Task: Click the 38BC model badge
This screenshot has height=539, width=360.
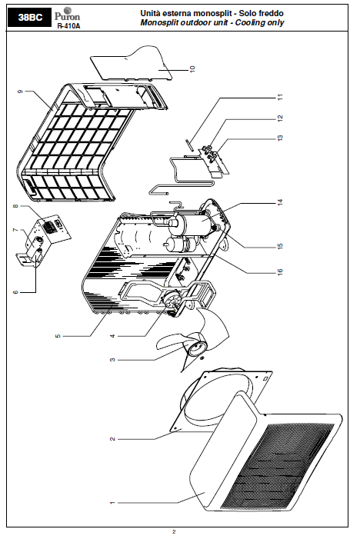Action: pyautogui.click(x=29, y=18)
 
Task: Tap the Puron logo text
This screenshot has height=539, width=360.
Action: pyautogui.click(x=67, y=16)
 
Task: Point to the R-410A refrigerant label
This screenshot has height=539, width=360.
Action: pyautogui.click(x=68, y=26)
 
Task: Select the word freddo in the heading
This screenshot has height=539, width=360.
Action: pyautogui.click(x=271, y=13)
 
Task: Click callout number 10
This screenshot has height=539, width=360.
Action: pyautogui.click(x=192, y=68)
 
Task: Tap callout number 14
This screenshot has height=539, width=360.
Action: pyautogui.click(x=280, y=202)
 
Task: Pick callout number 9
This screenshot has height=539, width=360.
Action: pyautogui.click(x=20, y=91)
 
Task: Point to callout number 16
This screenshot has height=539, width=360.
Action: pyautogui.click(x=280, y=272)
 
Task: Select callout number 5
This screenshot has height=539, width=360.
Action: pyautogui.click(x=58, y=335)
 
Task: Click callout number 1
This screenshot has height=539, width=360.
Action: pyautogui.click(x=112, y=503)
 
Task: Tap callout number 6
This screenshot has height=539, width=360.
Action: pyautogui.click(x=15, y=292)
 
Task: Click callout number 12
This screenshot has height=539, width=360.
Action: pyautogui.click(x=280, y=118)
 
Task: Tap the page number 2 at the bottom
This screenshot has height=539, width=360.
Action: pyautogui.click(x=174, y=532)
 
